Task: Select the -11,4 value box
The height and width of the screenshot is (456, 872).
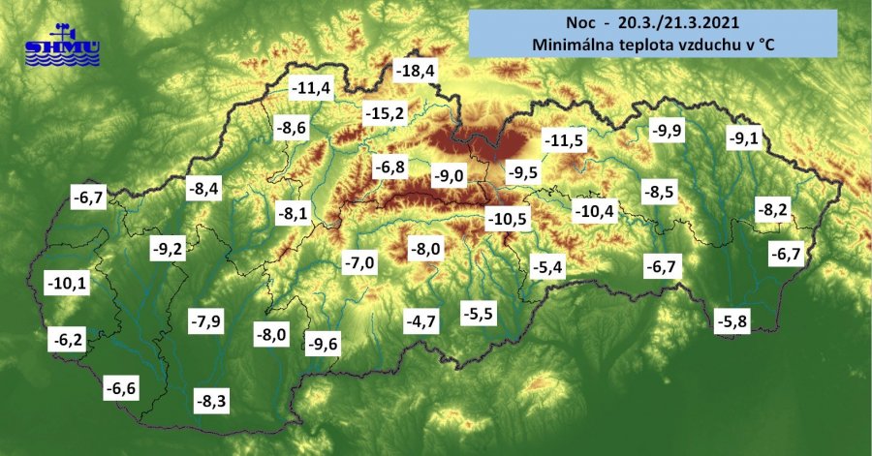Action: tap(311, 89)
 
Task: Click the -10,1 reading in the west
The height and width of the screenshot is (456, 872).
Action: tap(67, 284)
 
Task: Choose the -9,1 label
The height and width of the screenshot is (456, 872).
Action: tap(744, 137)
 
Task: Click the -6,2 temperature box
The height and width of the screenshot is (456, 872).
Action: tap(69, 340)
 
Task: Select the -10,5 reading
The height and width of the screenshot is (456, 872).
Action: tap(507, 220)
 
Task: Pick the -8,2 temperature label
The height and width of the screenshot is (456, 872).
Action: tap(776, 209)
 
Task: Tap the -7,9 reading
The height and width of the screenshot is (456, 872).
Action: tap(205, 320)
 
